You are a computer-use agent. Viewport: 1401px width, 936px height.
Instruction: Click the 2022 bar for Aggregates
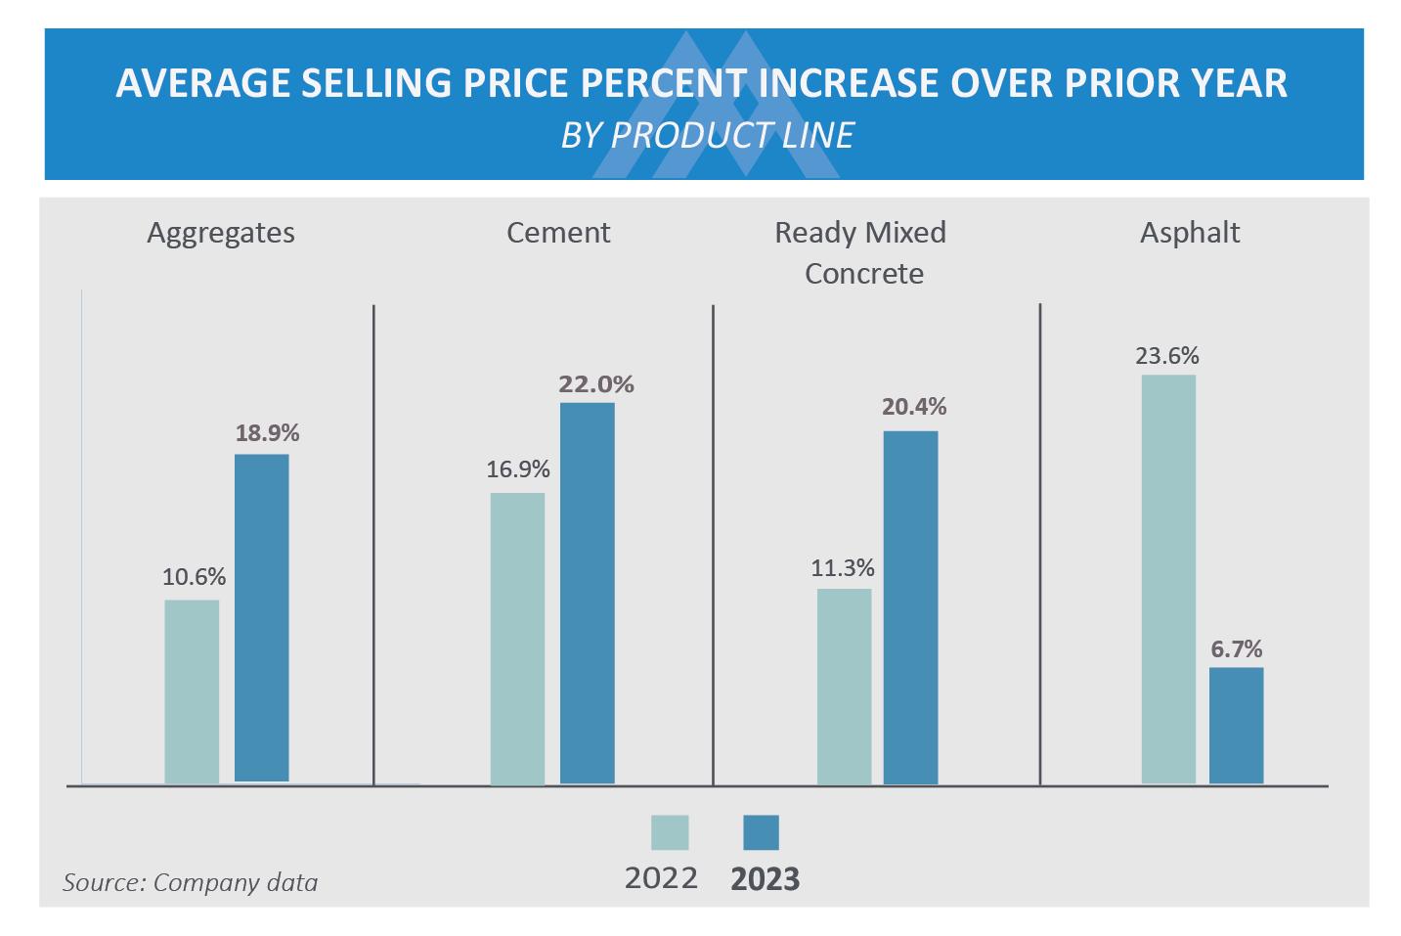[192, 691]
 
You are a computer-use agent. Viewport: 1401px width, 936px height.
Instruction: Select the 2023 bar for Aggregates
[261, 617]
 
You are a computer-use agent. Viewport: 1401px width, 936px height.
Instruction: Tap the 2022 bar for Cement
[517, 638]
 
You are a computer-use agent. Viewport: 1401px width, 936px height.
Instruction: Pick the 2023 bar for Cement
[587, 593]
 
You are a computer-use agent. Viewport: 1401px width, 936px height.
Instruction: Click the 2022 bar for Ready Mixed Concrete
[844, 686]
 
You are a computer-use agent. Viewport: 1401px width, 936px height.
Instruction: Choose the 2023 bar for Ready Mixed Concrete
[910, 606]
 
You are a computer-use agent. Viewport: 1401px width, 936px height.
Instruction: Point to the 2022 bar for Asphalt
[1168, 578]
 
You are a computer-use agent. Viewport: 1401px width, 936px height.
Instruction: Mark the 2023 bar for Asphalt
[1236, 725]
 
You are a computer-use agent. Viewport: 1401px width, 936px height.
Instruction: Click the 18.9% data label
[267, 432]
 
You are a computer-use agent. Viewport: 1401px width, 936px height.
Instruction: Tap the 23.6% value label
[1167, 355]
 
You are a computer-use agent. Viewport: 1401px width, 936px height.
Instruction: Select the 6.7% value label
[1236, 648]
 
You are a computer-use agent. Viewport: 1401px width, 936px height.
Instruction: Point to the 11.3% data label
[843, 568]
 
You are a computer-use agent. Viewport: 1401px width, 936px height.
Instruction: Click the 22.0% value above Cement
[595, 384]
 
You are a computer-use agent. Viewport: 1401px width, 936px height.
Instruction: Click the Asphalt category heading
[1190, 233]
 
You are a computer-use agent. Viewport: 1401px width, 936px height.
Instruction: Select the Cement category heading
[558, 233]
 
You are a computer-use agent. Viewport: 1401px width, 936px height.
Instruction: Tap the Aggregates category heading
[221, 233]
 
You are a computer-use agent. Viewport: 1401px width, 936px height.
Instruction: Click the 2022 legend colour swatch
[670, 832]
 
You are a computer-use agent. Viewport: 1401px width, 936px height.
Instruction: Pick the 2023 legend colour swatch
[761, 832]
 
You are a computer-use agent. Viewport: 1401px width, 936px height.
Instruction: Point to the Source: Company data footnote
[191, 882]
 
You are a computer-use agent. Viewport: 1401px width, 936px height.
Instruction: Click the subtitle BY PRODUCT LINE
[707, 135]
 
